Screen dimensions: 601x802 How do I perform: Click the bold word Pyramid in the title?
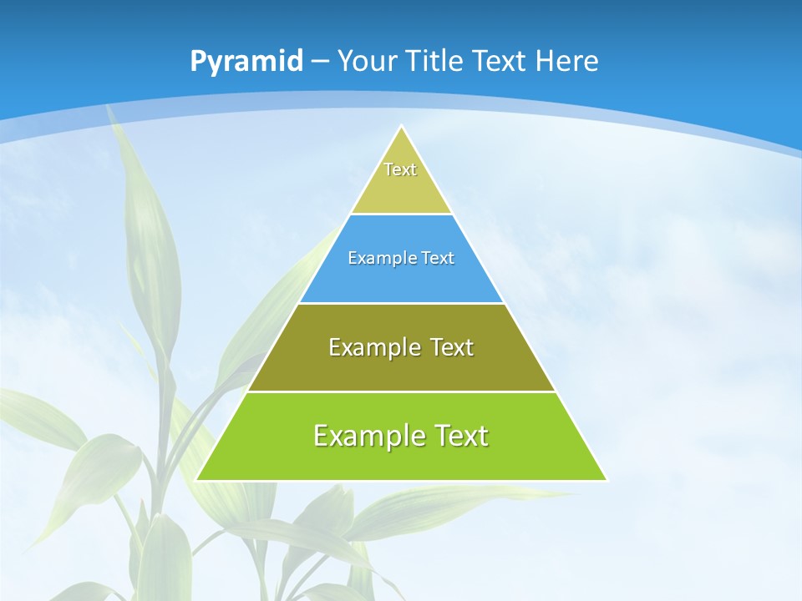coord(246,62)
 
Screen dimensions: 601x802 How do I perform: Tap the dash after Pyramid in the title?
coord(321,62)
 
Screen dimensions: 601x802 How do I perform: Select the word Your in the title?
coord(368,62)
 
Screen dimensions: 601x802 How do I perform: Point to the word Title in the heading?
coord(435,62)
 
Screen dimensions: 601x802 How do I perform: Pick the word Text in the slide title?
coord(500,62)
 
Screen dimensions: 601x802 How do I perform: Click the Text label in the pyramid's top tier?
coord(400,169)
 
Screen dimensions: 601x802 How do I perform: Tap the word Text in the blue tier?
coord(438,259)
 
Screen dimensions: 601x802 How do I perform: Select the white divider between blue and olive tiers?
coord(401,303)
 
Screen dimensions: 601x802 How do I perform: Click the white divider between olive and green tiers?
coord(401,391)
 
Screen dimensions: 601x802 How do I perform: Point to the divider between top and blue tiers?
coord(401,215)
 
